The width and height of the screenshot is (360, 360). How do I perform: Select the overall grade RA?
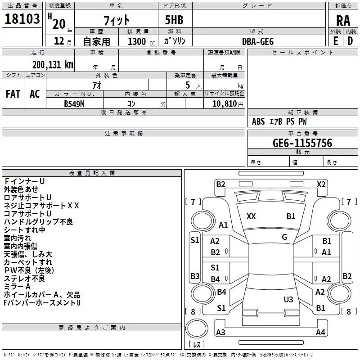(343, 21)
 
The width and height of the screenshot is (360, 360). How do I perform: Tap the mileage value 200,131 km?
(53, 65)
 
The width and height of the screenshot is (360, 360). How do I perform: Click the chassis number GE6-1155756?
(302, 143)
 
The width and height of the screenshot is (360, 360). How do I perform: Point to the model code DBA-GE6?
(257, 41)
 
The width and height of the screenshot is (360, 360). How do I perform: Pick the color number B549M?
(74, 103)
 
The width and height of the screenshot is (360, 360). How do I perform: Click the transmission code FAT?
(13, 94)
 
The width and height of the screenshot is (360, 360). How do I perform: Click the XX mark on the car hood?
(251, 216)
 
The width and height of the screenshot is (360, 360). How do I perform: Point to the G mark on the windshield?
(284, 237)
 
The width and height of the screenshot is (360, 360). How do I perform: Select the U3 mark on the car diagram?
(288, 299)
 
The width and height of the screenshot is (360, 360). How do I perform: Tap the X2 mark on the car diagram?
(321, 184)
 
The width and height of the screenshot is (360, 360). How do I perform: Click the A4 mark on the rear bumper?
(320, 333)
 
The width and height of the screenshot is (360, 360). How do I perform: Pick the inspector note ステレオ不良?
(24, 279)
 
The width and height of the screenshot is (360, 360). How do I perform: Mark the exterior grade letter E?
(335, 41)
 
